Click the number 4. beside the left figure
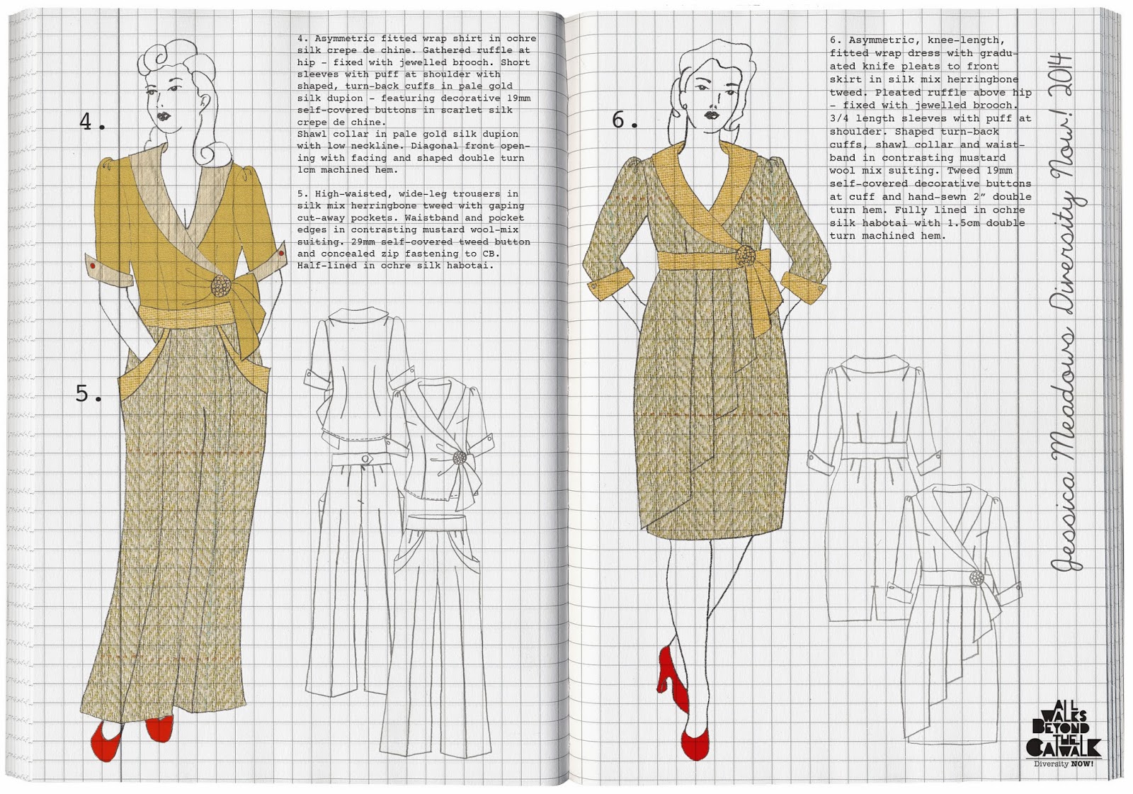click(x=93, y=121)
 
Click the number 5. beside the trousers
click(x=89, y=393)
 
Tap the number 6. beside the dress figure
click(x=625, y=120)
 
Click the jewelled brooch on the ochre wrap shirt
click(x=220, y=285)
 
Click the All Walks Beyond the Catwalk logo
click(x=1064, y=737)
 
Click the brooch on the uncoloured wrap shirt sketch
click(x=460, y=458)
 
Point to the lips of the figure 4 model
click(x=164, y=116)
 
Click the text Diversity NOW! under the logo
click(x=1064, y=778)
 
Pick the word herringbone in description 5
click(x=386, y=206)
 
